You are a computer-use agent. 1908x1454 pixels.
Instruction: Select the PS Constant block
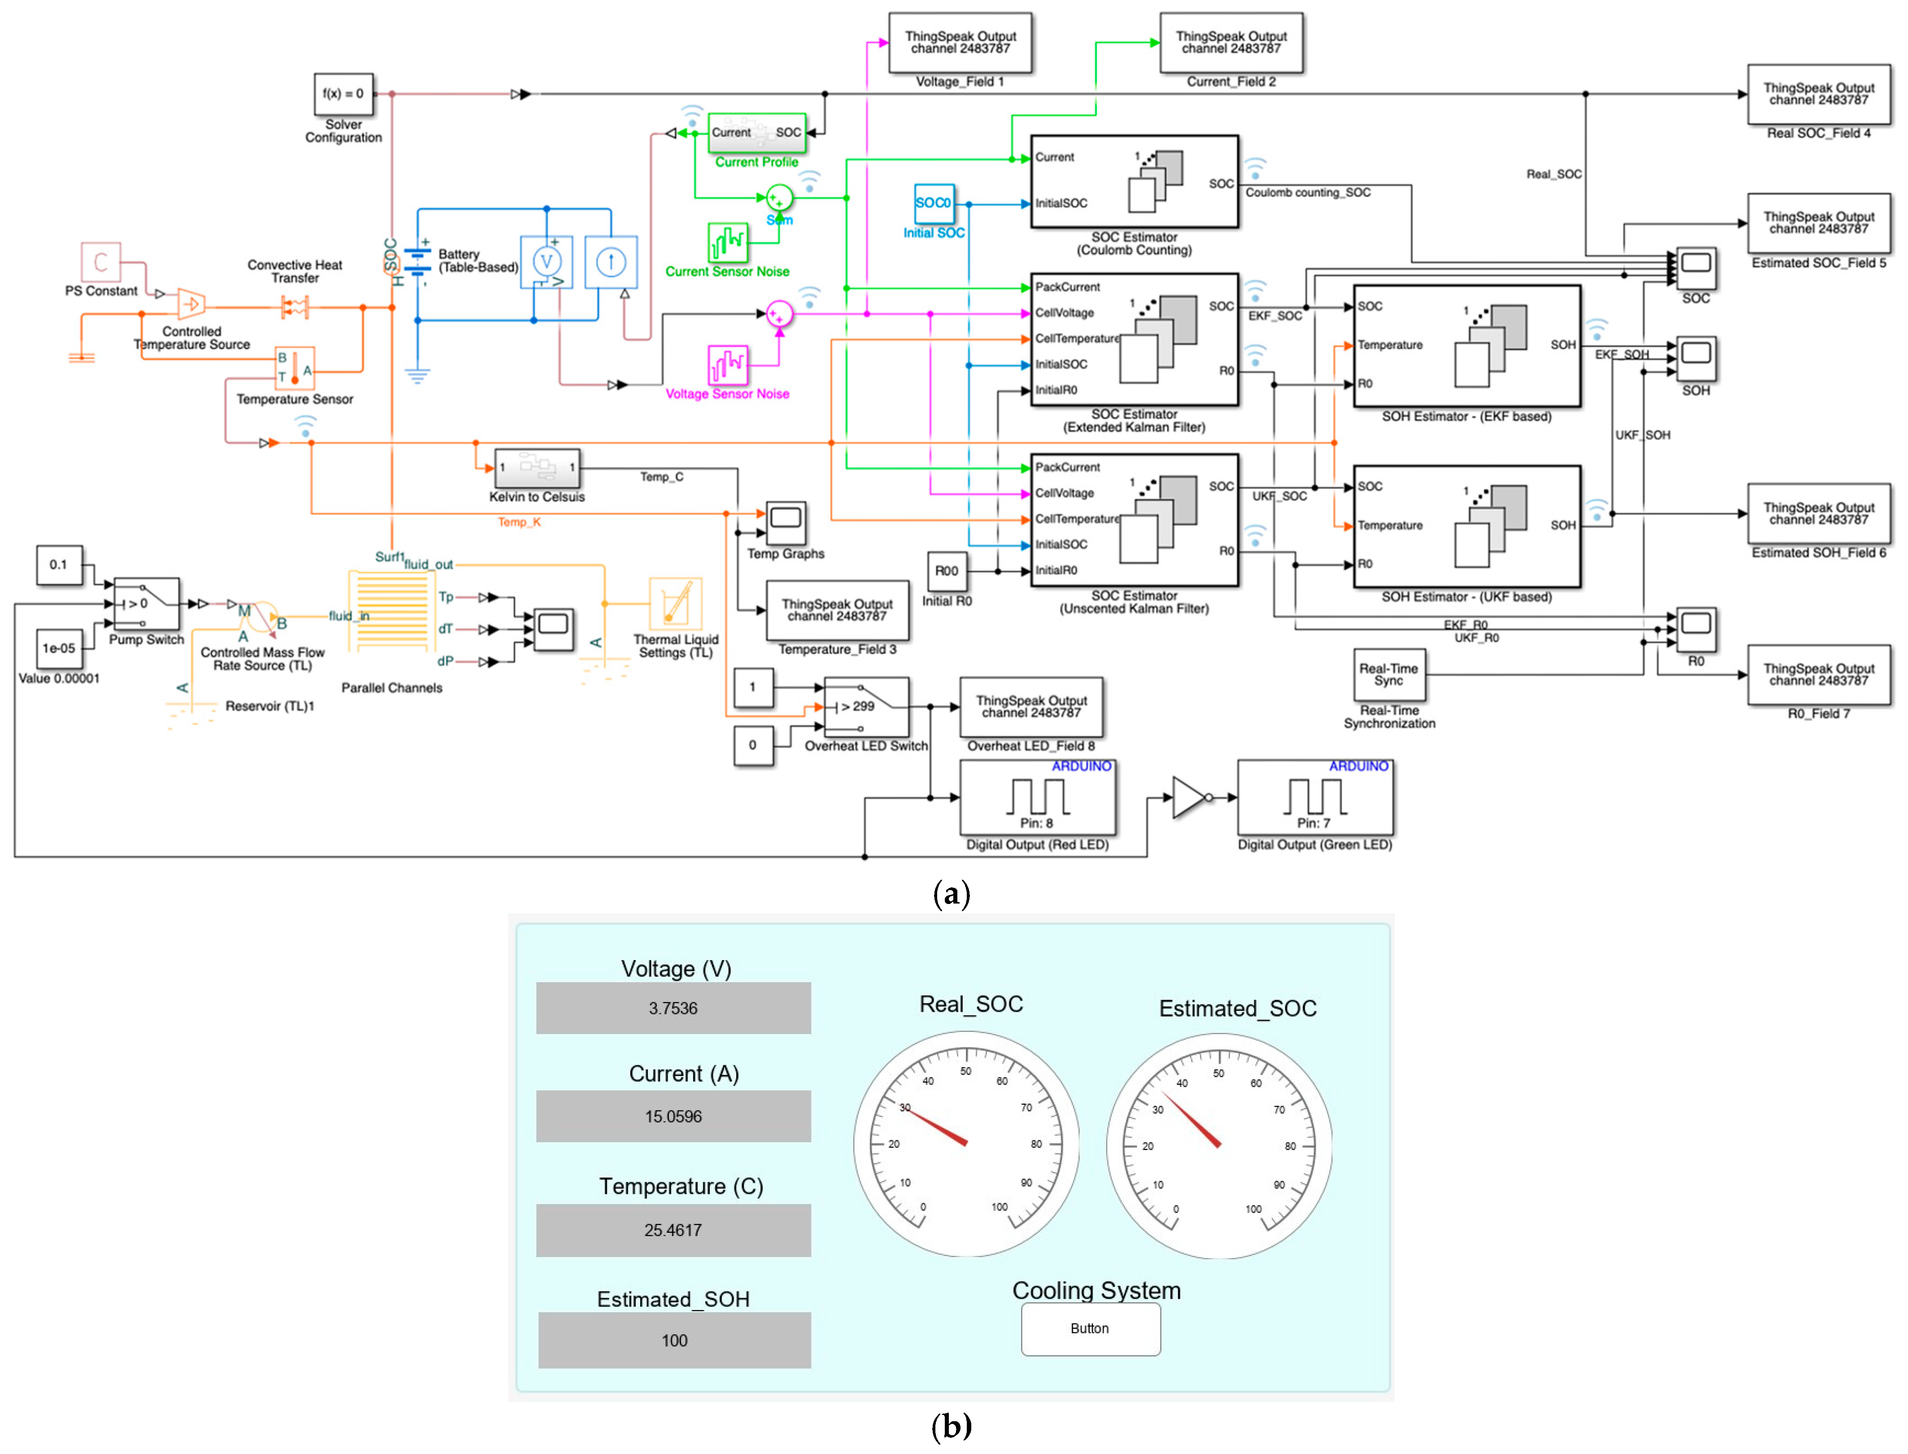(x=100, y=262)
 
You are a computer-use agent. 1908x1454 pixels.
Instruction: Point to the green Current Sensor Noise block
(x=728, y=243)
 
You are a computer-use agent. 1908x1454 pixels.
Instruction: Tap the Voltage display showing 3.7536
(x=673, y=1008)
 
